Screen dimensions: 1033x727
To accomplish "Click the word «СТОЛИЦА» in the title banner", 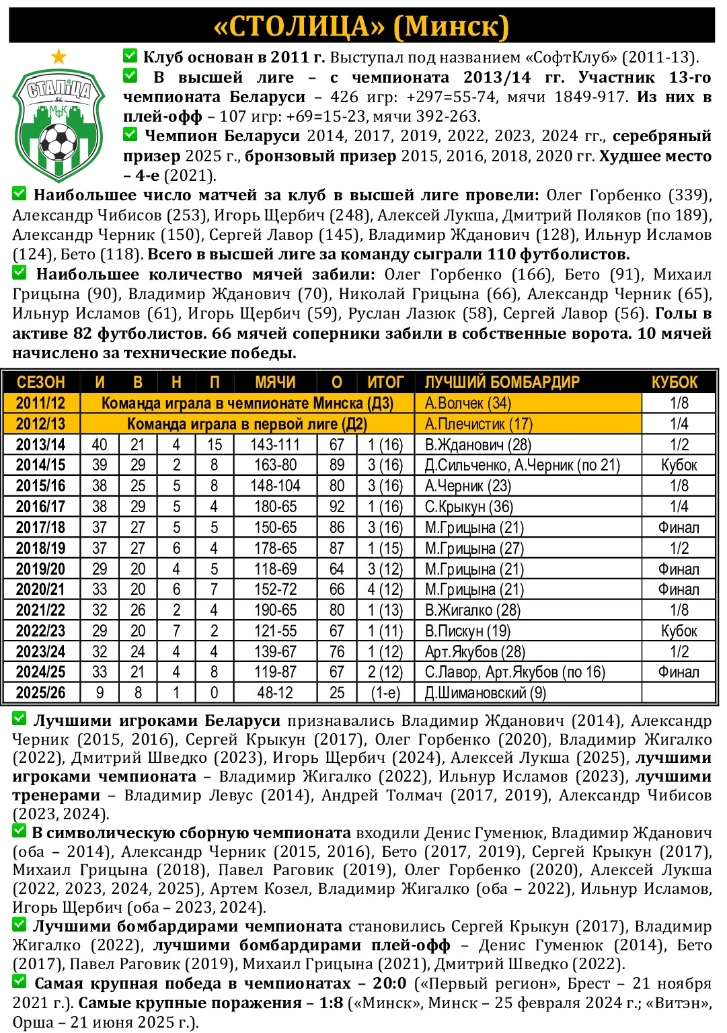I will click(299, 26).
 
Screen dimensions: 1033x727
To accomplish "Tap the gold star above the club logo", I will click(59, 56).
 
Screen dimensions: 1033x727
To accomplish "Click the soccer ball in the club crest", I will click(59, 142).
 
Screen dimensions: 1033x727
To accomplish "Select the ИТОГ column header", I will click(385, 382).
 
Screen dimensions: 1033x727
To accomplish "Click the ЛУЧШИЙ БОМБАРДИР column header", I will click(502, 382).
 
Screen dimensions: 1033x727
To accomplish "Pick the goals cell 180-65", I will click(275, 507).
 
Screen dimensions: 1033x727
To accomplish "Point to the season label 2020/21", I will click(40, 589).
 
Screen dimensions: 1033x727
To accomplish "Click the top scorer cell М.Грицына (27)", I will click(474, 548).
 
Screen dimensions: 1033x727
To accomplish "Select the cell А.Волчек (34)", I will click(468, 403).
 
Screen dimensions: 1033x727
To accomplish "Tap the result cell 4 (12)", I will click(385, 589).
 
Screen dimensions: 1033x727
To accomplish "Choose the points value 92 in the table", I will click(337, 507).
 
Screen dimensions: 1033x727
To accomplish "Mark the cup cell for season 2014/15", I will click(679, 465).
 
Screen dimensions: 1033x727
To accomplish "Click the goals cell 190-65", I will click(275, 610).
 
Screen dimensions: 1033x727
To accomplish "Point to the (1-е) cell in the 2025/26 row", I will click(385, 693).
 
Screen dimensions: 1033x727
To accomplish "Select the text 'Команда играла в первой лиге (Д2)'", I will click(247, 424).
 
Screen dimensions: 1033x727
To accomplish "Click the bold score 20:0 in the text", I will click(389, 984).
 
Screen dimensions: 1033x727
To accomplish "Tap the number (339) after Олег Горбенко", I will click(689, 196).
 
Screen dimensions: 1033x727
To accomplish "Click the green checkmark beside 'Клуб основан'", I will click(130, 56).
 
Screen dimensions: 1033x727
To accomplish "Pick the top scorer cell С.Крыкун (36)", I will click(469, 507).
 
